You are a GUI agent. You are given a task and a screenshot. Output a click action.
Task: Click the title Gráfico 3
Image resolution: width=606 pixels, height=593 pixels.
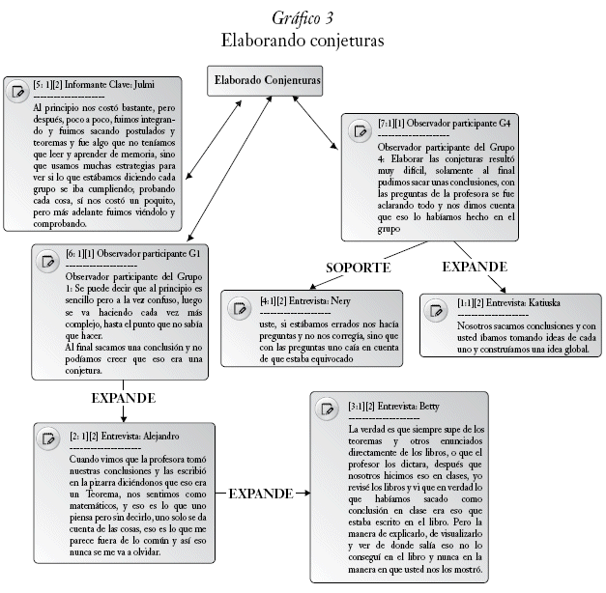[303, 17]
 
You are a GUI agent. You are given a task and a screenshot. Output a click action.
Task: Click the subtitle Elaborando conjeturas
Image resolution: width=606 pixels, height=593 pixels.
[303, 42]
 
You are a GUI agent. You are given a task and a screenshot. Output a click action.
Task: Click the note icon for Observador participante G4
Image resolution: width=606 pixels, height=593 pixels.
[360, 131]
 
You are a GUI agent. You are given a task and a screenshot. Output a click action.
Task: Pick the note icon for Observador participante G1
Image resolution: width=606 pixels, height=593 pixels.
[46, 261]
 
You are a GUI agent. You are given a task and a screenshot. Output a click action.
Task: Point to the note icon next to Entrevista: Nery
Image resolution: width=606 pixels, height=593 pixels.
[240, 309]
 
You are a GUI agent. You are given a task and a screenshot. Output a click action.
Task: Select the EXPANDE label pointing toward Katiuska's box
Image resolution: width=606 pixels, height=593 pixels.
[476, 265]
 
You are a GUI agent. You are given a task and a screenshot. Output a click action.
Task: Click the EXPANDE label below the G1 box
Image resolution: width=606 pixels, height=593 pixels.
[123, 397]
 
